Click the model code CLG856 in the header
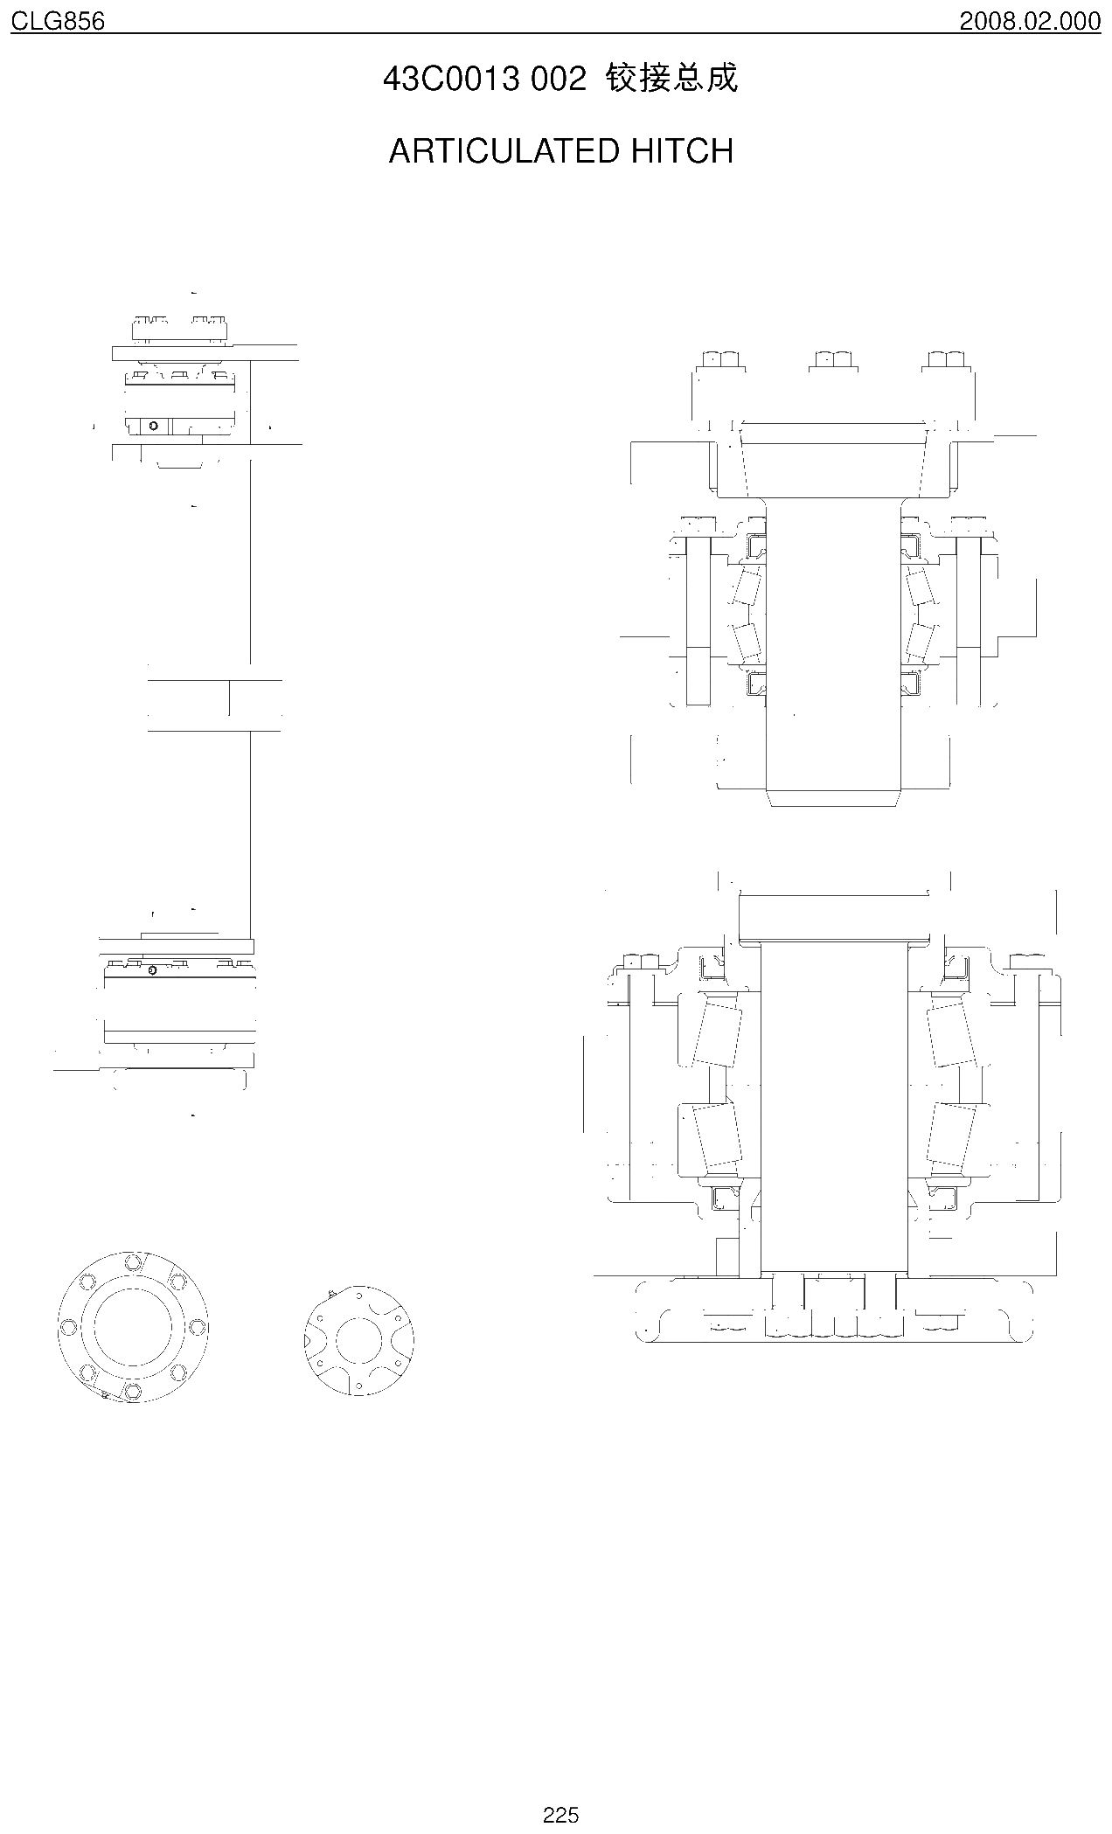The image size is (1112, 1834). [x=58, y=21]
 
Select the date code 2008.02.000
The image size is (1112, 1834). [x=1030, y=21]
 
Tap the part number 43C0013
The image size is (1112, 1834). [x=453, y=80]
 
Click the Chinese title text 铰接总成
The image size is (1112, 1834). [x=671, y=79]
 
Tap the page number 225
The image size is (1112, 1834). [x=560, y=1815]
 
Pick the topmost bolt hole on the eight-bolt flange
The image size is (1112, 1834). [x=133, y=1263]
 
